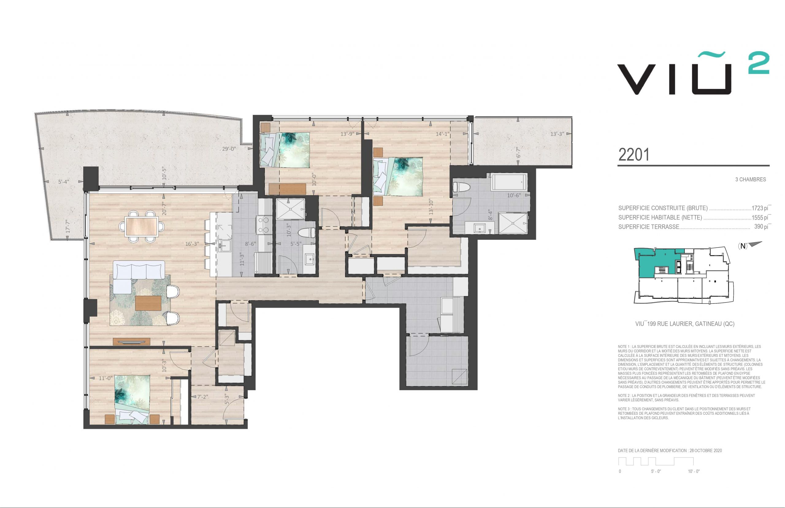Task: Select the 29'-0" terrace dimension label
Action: click(229, 149)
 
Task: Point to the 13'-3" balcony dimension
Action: click(557, 134)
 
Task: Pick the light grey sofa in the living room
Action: click(139, 276)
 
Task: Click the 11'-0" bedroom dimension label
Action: click(106, 378)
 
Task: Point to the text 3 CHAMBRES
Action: click(751, 179)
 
